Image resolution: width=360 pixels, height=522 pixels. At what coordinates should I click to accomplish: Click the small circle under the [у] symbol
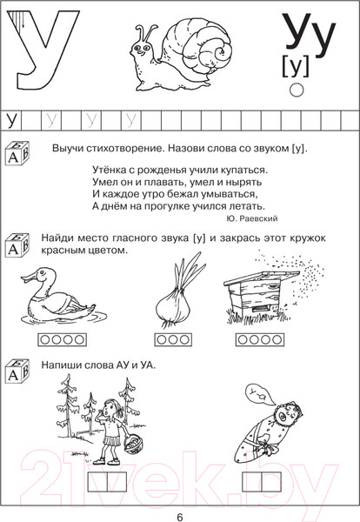[x=295, y=90]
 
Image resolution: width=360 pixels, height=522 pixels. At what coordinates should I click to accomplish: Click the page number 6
[x=179, y=512]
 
